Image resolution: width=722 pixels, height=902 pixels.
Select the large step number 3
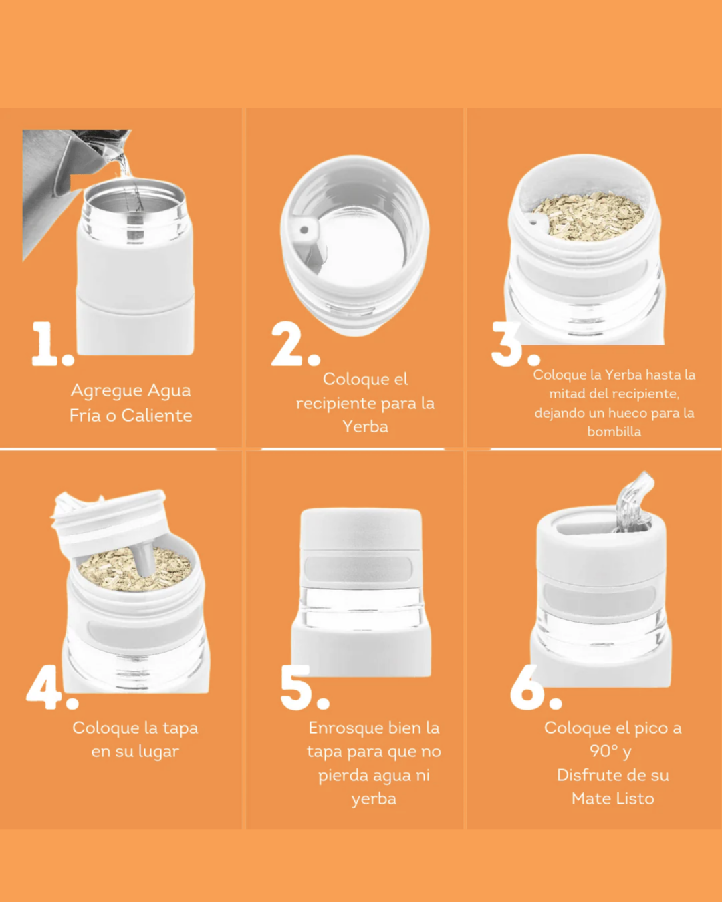click(508, 343)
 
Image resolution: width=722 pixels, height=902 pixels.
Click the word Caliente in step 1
click(156, 416)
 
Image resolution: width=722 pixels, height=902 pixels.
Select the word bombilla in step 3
click(614, 432)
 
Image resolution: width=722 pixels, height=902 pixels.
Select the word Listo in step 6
click(634, 799)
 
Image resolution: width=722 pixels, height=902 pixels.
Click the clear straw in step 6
click(634, 498)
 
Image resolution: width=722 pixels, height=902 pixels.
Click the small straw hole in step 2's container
click(304, 231)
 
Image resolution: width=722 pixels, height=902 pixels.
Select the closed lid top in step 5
click(361, 528)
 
